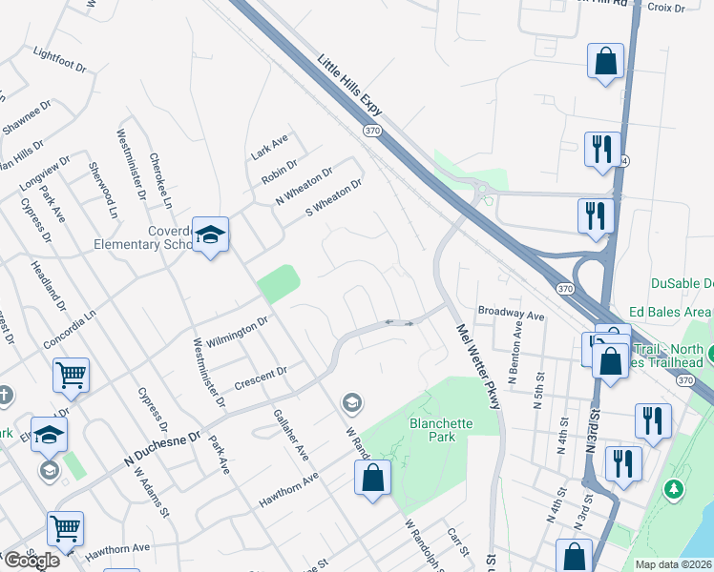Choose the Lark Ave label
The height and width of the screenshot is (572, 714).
pyautogui.click(x=269, y=147)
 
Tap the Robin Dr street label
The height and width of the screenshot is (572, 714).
pyautogui.click(x=279, y=171)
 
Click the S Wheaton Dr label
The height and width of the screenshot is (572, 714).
pyautogui.click(x=334, y=197)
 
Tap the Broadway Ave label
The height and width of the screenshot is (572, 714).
pyautogui.click(x=511, y=313)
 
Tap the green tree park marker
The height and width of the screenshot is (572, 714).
pyautogui.click(x=676, y=489)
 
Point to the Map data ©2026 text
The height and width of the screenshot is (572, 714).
pyautogui.click(x=671, y=564)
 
